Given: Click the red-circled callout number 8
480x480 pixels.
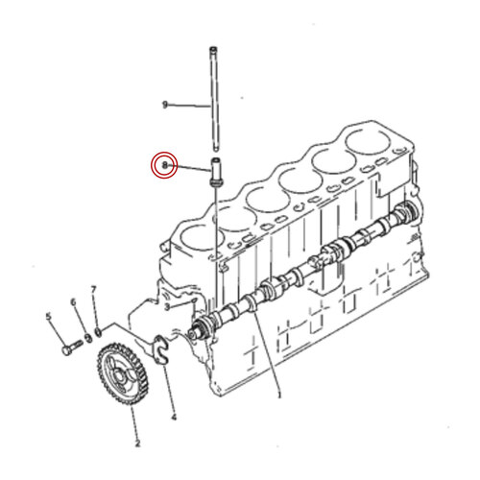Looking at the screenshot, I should pyautogui.click(x=165, y=166).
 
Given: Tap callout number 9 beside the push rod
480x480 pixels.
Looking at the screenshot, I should pyautogui.click(x=165, y=104).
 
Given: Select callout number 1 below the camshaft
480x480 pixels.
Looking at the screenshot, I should pyautogui.click(x=279, y=394).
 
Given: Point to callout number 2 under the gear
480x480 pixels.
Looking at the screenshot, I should pyautogui.click(x=136, y=444).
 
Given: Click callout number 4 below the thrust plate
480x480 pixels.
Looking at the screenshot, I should pyautogui.click(x=174, y=417).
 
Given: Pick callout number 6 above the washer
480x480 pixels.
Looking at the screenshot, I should pyautogui.click(x=72, y=303).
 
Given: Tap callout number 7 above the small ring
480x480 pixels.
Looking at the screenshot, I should pyautogui.click(x=93, y=289).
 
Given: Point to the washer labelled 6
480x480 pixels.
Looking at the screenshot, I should pyautogui.click(x=87, y=337).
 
